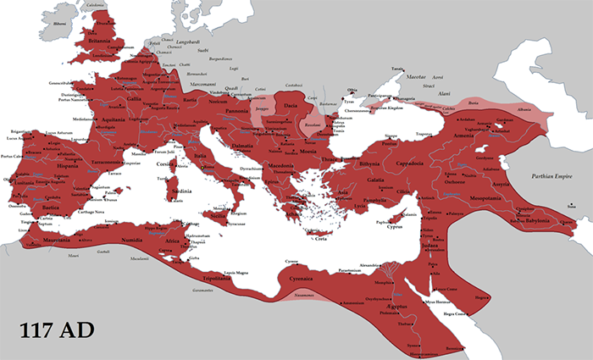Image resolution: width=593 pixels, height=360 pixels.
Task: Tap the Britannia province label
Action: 96,39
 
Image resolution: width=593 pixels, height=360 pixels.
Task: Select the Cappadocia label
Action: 413,167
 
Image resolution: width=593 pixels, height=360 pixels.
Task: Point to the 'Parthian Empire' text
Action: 551,175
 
